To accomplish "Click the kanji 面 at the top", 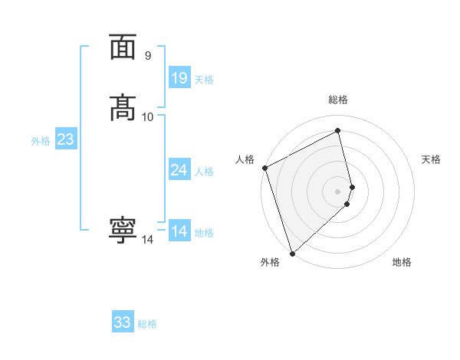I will coord(123,47).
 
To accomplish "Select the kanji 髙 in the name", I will coord(123,108).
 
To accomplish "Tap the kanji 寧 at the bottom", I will coord(123,231).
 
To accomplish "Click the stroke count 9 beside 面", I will coord(148,55).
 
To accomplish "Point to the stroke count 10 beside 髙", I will coord(148,116).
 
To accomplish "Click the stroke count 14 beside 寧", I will coord(148,240).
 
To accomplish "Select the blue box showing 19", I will coord(179,78).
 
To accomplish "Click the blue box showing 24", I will coord(179,170).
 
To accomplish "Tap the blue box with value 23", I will coord(65,139).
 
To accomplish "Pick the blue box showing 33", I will coord(123,322).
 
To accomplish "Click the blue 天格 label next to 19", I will coord(204,80).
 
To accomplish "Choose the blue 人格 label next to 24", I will coord(204,172).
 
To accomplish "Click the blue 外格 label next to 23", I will coord(41,141).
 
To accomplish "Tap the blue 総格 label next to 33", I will coord(147,324).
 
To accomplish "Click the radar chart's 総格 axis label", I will coord(338,100).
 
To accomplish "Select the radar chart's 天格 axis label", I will coord(431,159).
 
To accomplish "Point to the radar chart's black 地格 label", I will coord(402,262).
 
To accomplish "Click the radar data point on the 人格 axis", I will coord(264,168).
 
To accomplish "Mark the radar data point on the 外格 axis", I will coord(292,253).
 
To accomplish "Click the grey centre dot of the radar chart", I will coord(338,191).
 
